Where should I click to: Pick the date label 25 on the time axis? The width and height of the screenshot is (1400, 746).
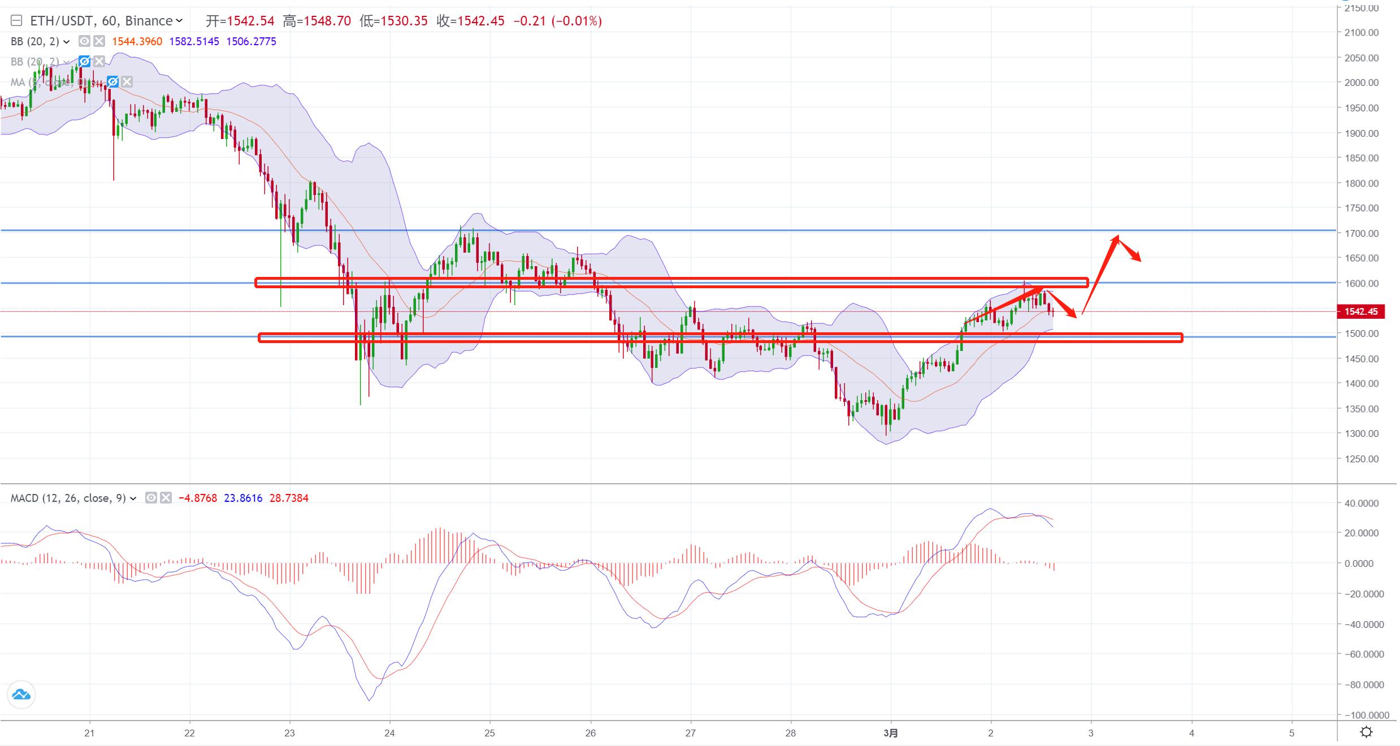point(490,733)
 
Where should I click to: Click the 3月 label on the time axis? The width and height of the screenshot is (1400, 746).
point(890,733)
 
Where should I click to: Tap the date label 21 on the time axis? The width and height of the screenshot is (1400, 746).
point(89,733)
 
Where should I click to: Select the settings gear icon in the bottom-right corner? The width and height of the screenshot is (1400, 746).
point(1366,732)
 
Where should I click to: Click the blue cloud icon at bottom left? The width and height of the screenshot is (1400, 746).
point(21,695)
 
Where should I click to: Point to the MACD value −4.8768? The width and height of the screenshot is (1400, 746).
point(197,498)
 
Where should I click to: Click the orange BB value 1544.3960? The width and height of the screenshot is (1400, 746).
point(137,41)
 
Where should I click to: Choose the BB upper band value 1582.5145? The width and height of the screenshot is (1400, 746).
point(194,41)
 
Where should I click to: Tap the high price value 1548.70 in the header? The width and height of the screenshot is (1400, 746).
point(327,21)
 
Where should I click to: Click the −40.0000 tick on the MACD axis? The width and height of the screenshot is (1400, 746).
point(1360,624)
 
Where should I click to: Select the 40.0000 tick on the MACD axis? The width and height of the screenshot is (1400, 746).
point(1362,503)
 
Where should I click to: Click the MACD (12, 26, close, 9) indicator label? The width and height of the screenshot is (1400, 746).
point(68,498)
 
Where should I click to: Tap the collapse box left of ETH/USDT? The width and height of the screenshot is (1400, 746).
point(16,21)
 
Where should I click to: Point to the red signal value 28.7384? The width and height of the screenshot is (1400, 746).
point(289,498)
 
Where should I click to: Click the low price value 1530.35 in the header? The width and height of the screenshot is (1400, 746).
point(404,21)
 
